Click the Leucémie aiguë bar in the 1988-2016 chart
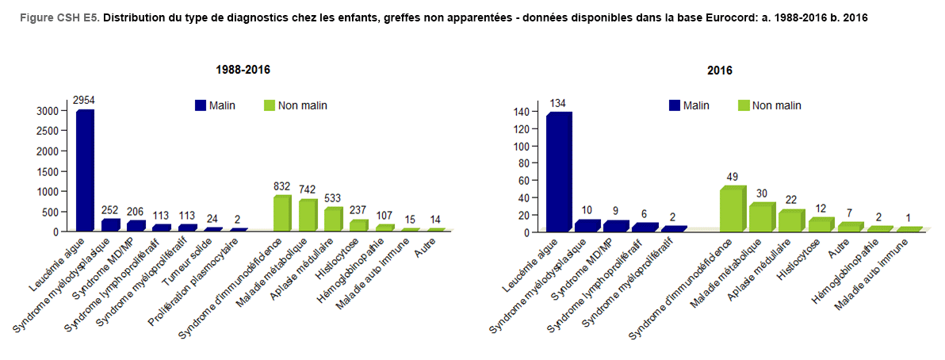pos(85,170)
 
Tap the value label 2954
pos(84,101)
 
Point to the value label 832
pos(282,186)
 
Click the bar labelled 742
pos(308,215)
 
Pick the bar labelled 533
pos(333,219)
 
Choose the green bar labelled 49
pos(732,209)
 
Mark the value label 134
pos(559,103)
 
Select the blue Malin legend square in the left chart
pos(201,105)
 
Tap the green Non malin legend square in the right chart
pos(743,105)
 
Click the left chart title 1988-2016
pos(243,70)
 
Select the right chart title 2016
pos(720,70)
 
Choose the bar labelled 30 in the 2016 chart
pos(760,217)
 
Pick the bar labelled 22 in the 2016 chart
pos(790,220)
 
